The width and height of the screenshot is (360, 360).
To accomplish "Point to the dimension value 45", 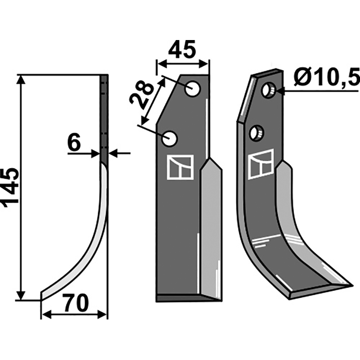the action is point(182,49).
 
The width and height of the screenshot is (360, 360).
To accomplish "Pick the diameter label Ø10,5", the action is point(326,76).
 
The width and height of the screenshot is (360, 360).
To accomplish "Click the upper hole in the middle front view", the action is point(193,89).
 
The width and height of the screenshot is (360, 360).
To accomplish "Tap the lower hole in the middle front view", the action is point(170,139).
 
